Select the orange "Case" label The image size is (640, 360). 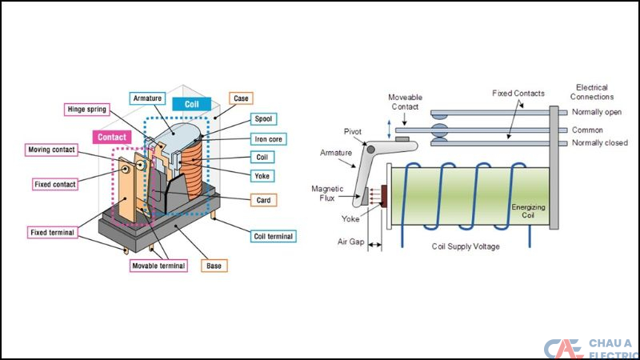pos(240,98)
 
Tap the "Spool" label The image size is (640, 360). pos(263,119)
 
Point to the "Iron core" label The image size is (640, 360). pos(268,138)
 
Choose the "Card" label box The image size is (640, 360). pos(262,199)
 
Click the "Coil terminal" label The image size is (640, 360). pos(274,236)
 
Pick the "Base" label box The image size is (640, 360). pos(214,265)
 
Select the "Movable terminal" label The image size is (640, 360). pos(158,265)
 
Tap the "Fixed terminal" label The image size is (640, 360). pos(54,233)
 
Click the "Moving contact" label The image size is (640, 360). pos(51,150)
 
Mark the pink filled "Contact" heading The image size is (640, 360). pos(112,137)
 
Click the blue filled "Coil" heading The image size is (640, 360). pos(191,104)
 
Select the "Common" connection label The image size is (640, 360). pos(587,130)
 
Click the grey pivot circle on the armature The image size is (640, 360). pos(370,150)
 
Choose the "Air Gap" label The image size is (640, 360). pos(348,241)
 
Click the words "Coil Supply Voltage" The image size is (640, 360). pos(466,246)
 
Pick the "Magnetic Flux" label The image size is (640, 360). pos(327,194)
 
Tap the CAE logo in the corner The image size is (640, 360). pos(564,350)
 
